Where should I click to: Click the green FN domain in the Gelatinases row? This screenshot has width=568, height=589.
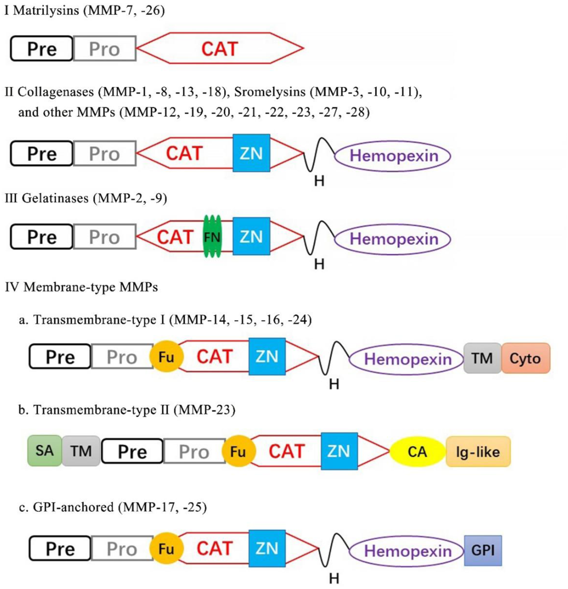212,237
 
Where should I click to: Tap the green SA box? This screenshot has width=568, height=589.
44,451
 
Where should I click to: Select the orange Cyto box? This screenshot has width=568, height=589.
525,358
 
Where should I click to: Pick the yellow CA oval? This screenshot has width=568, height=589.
417,452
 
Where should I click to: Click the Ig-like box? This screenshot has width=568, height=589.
478,452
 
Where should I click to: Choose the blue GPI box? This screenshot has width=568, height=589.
483,550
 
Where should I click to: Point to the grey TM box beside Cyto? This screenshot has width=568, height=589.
482,358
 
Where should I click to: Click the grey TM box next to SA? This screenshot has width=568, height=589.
81,451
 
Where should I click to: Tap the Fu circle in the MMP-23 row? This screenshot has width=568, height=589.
238,452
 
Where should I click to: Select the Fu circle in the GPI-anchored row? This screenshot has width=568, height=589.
166,549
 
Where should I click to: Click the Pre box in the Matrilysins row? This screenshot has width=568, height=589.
42,48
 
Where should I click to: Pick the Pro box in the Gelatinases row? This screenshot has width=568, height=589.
104,237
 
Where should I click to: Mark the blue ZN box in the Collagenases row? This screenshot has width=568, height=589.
251,153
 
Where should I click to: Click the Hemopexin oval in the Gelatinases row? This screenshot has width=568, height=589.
393,239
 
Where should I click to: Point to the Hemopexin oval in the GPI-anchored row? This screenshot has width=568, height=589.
408,551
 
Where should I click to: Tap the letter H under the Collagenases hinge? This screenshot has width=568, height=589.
319,181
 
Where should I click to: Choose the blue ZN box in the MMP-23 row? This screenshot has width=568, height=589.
339,451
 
